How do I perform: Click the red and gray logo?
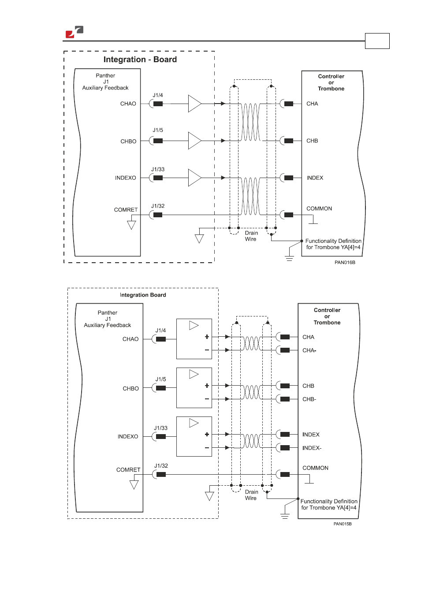[75, 32]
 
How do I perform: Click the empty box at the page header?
[377, 41]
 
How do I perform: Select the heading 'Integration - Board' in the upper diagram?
[140, 59]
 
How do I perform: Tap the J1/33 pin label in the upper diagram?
[158, 169]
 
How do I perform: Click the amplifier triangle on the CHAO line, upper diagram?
[195, 104]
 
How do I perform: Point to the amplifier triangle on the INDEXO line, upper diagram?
[195, 178]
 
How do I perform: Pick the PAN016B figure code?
[345, 262]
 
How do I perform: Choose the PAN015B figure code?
[343, 524]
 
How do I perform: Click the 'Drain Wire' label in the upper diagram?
[251, 236]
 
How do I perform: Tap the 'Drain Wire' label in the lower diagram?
[251, 495]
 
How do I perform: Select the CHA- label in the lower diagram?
[309, 350]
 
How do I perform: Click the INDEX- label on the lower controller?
[312, 448]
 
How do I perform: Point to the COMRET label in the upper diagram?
[126, 210]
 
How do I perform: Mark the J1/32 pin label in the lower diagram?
[161, 465]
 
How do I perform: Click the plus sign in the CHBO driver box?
[207, 386]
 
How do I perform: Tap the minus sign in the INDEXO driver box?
[207, 448]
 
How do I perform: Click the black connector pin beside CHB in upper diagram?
[288, 141]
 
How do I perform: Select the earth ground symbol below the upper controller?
[290, 258]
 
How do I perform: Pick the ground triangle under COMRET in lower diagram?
[134, 485]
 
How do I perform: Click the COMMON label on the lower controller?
[315, 468]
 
